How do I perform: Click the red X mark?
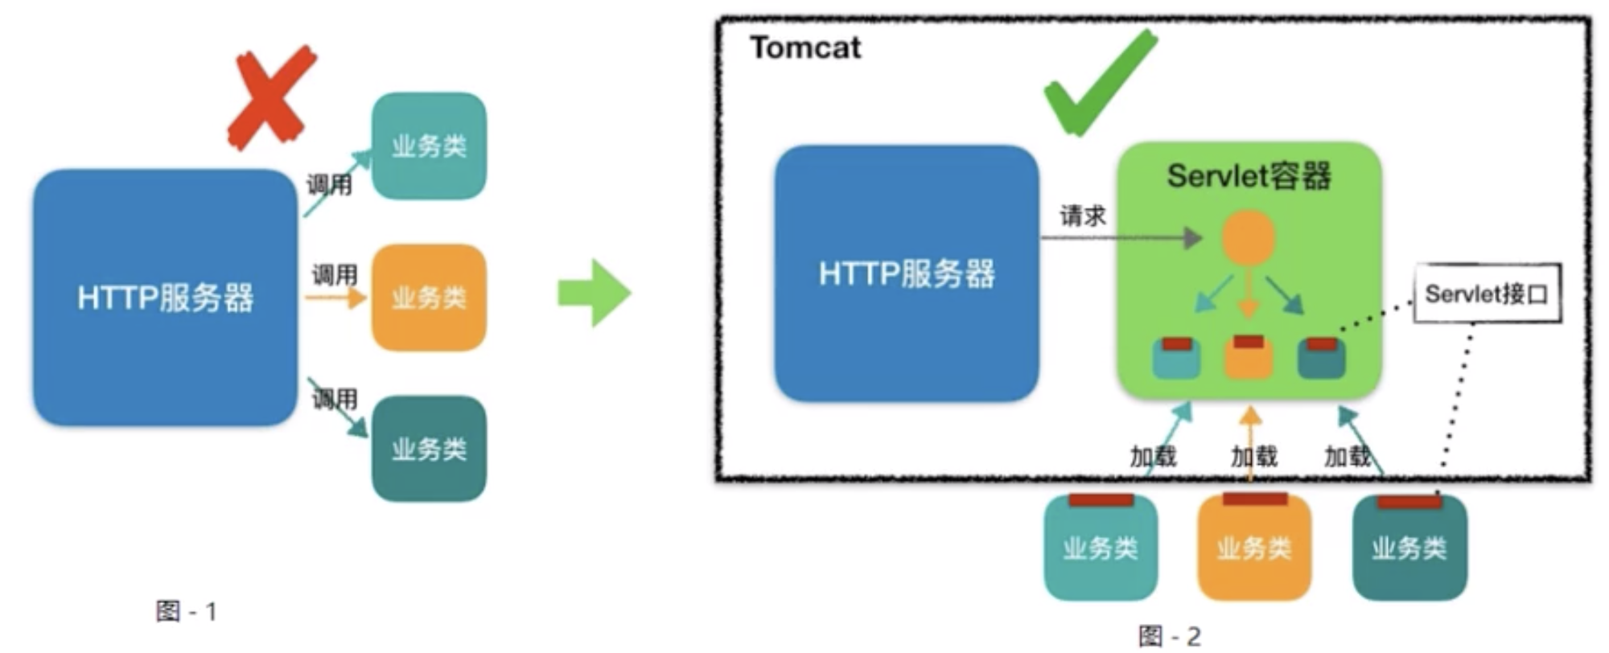pos(271,97)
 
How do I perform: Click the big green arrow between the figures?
pos(595,293)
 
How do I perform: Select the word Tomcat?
pos(805,48)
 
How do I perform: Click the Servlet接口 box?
pos(1487,294)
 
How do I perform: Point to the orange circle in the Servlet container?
pos(1249,237)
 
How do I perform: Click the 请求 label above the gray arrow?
pos(1083,216)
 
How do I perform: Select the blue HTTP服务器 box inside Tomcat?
pos(907,273)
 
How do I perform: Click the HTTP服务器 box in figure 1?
pos(165,298)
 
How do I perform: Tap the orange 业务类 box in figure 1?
pos(429,298)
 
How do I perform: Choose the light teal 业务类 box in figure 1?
pos(429,146)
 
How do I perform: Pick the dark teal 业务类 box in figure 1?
pos(429,449)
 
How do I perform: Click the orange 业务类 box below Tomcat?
pos(1254,548)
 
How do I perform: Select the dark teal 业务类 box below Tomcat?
pos(1409,548)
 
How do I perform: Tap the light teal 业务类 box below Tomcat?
pos(1100,548)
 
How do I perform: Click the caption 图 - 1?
pos(187,612)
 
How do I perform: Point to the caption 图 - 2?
pos(1170,637)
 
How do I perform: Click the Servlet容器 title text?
pos(1249,176)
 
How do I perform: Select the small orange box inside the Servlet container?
pos(1249,357)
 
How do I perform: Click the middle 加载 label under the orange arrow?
pos(1254,457)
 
